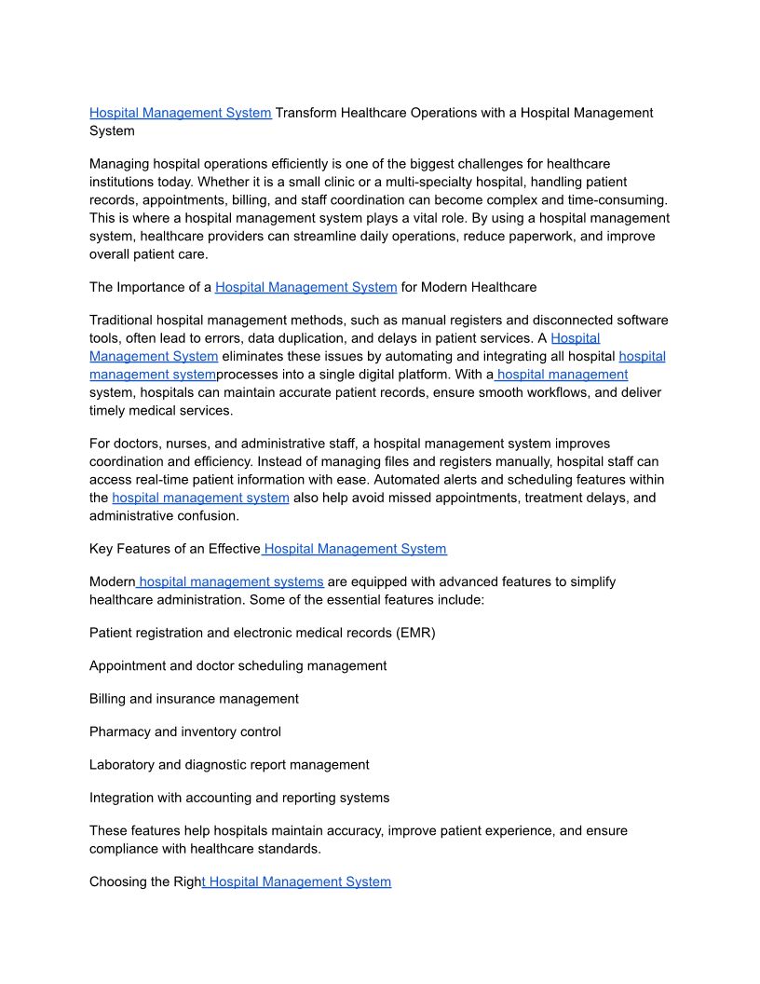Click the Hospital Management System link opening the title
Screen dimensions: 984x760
coord(180,113)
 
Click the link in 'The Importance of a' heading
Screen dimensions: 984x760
coord(305,287)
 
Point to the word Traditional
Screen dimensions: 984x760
coord(125,320)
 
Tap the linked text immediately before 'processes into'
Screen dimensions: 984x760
coord(153,375)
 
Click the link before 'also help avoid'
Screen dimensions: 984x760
coord(200,499)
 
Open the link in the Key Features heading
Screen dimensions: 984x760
coord(355,549)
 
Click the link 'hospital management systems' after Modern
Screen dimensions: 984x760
coord(231,582)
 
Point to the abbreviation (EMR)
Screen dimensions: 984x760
coord(415,634)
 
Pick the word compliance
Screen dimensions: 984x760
coord(126,849)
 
